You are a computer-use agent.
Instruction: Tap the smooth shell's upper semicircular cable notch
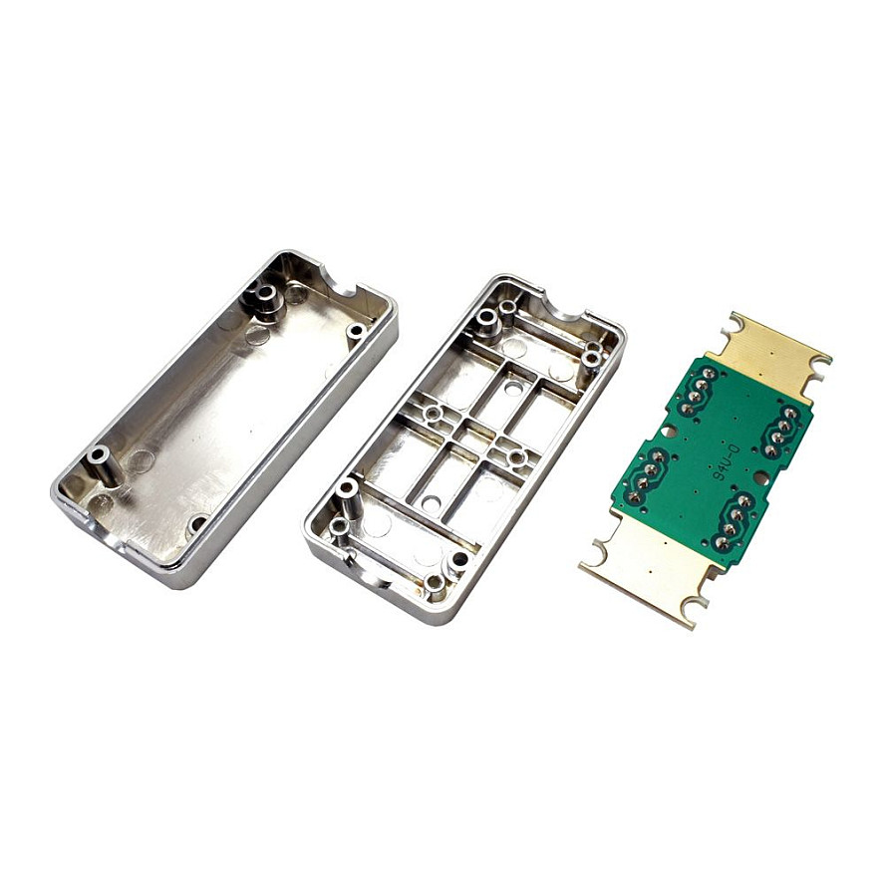(x=338, y=281)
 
